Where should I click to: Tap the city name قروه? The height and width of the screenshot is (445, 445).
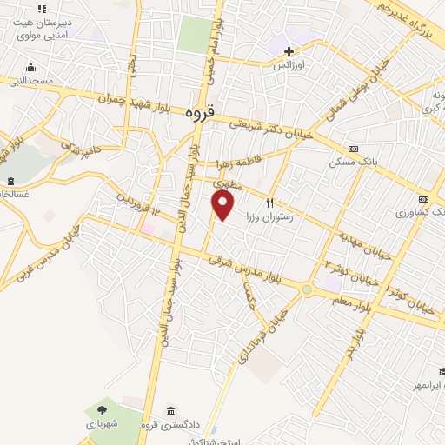tap(199, 113)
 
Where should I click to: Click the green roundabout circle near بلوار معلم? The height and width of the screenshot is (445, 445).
tap(307, 289)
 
